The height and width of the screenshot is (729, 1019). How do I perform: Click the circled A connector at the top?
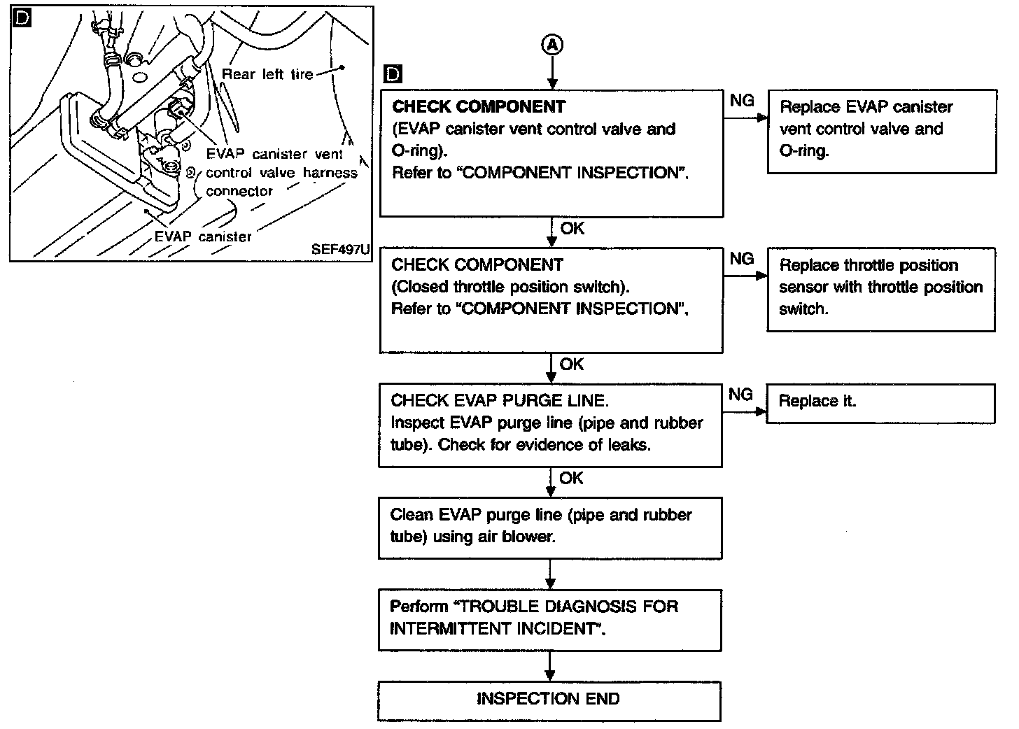[552, 45]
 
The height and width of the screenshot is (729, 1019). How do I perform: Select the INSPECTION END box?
[549, 700]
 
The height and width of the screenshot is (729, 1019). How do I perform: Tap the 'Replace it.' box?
[880, 402]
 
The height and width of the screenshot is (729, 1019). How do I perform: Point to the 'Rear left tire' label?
[267, 73]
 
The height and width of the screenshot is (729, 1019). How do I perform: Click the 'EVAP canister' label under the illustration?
[203, 236]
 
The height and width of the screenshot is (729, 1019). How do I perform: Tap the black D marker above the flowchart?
[394, 74]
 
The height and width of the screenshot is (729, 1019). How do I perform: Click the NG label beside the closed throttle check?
[741, 259]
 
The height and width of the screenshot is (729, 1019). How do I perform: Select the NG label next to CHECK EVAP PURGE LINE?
[740, 395]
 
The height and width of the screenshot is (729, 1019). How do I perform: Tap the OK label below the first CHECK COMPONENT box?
[572, 229]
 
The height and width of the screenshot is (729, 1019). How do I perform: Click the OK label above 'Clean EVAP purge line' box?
[571, 478]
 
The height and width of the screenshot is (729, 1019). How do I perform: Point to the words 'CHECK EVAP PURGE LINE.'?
[500, 401]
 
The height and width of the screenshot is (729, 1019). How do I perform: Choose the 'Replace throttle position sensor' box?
[880, 288]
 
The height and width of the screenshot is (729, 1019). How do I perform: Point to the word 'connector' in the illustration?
[239, 191]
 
